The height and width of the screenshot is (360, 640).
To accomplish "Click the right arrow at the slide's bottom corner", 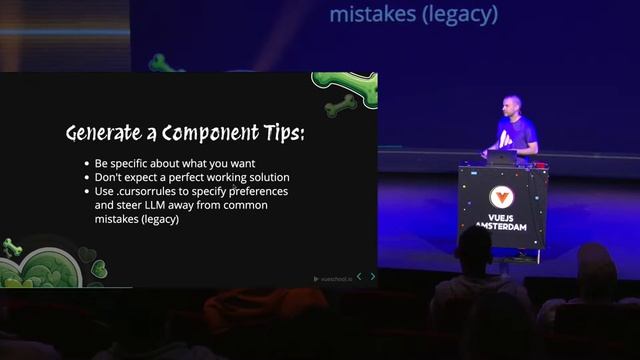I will [373, 277].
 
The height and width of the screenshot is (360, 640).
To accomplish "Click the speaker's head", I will [513, 107].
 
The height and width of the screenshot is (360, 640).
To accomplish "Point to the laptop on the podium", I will [501, 157].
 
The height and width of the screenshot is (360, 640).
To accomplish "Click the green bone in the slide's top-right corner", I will [341, 102].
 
